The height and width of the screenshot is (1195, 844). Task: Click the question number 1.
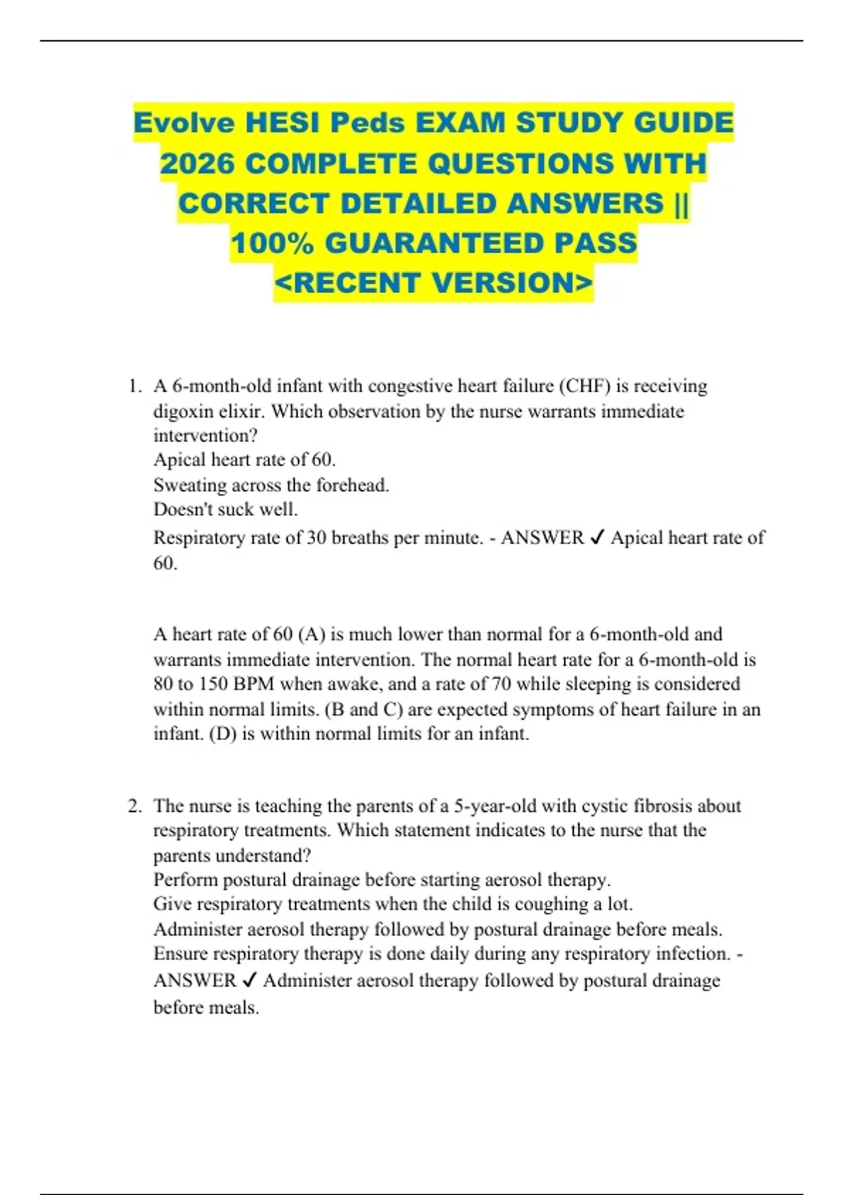pyautogui.click(x=134, y=387)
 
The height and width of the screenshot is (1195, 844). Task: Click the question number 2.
pyautogui.click(x=134, y=806)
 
